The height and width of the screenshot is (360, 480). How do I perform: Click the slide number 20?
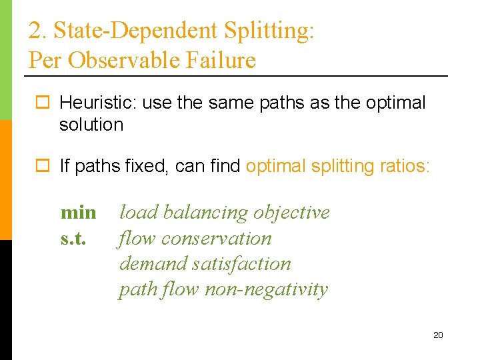438,335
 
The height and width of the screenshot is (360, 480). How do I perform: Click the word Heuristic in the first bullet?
91,103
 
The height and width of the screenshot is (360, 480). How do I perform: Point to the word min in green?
78,213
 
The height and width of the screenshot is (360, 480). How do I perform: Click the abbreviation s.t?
73,238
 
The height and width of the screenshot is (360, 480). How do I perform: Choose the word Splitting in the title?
269,31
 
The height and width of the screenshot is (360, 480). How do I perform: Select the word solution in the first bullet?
91,125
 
